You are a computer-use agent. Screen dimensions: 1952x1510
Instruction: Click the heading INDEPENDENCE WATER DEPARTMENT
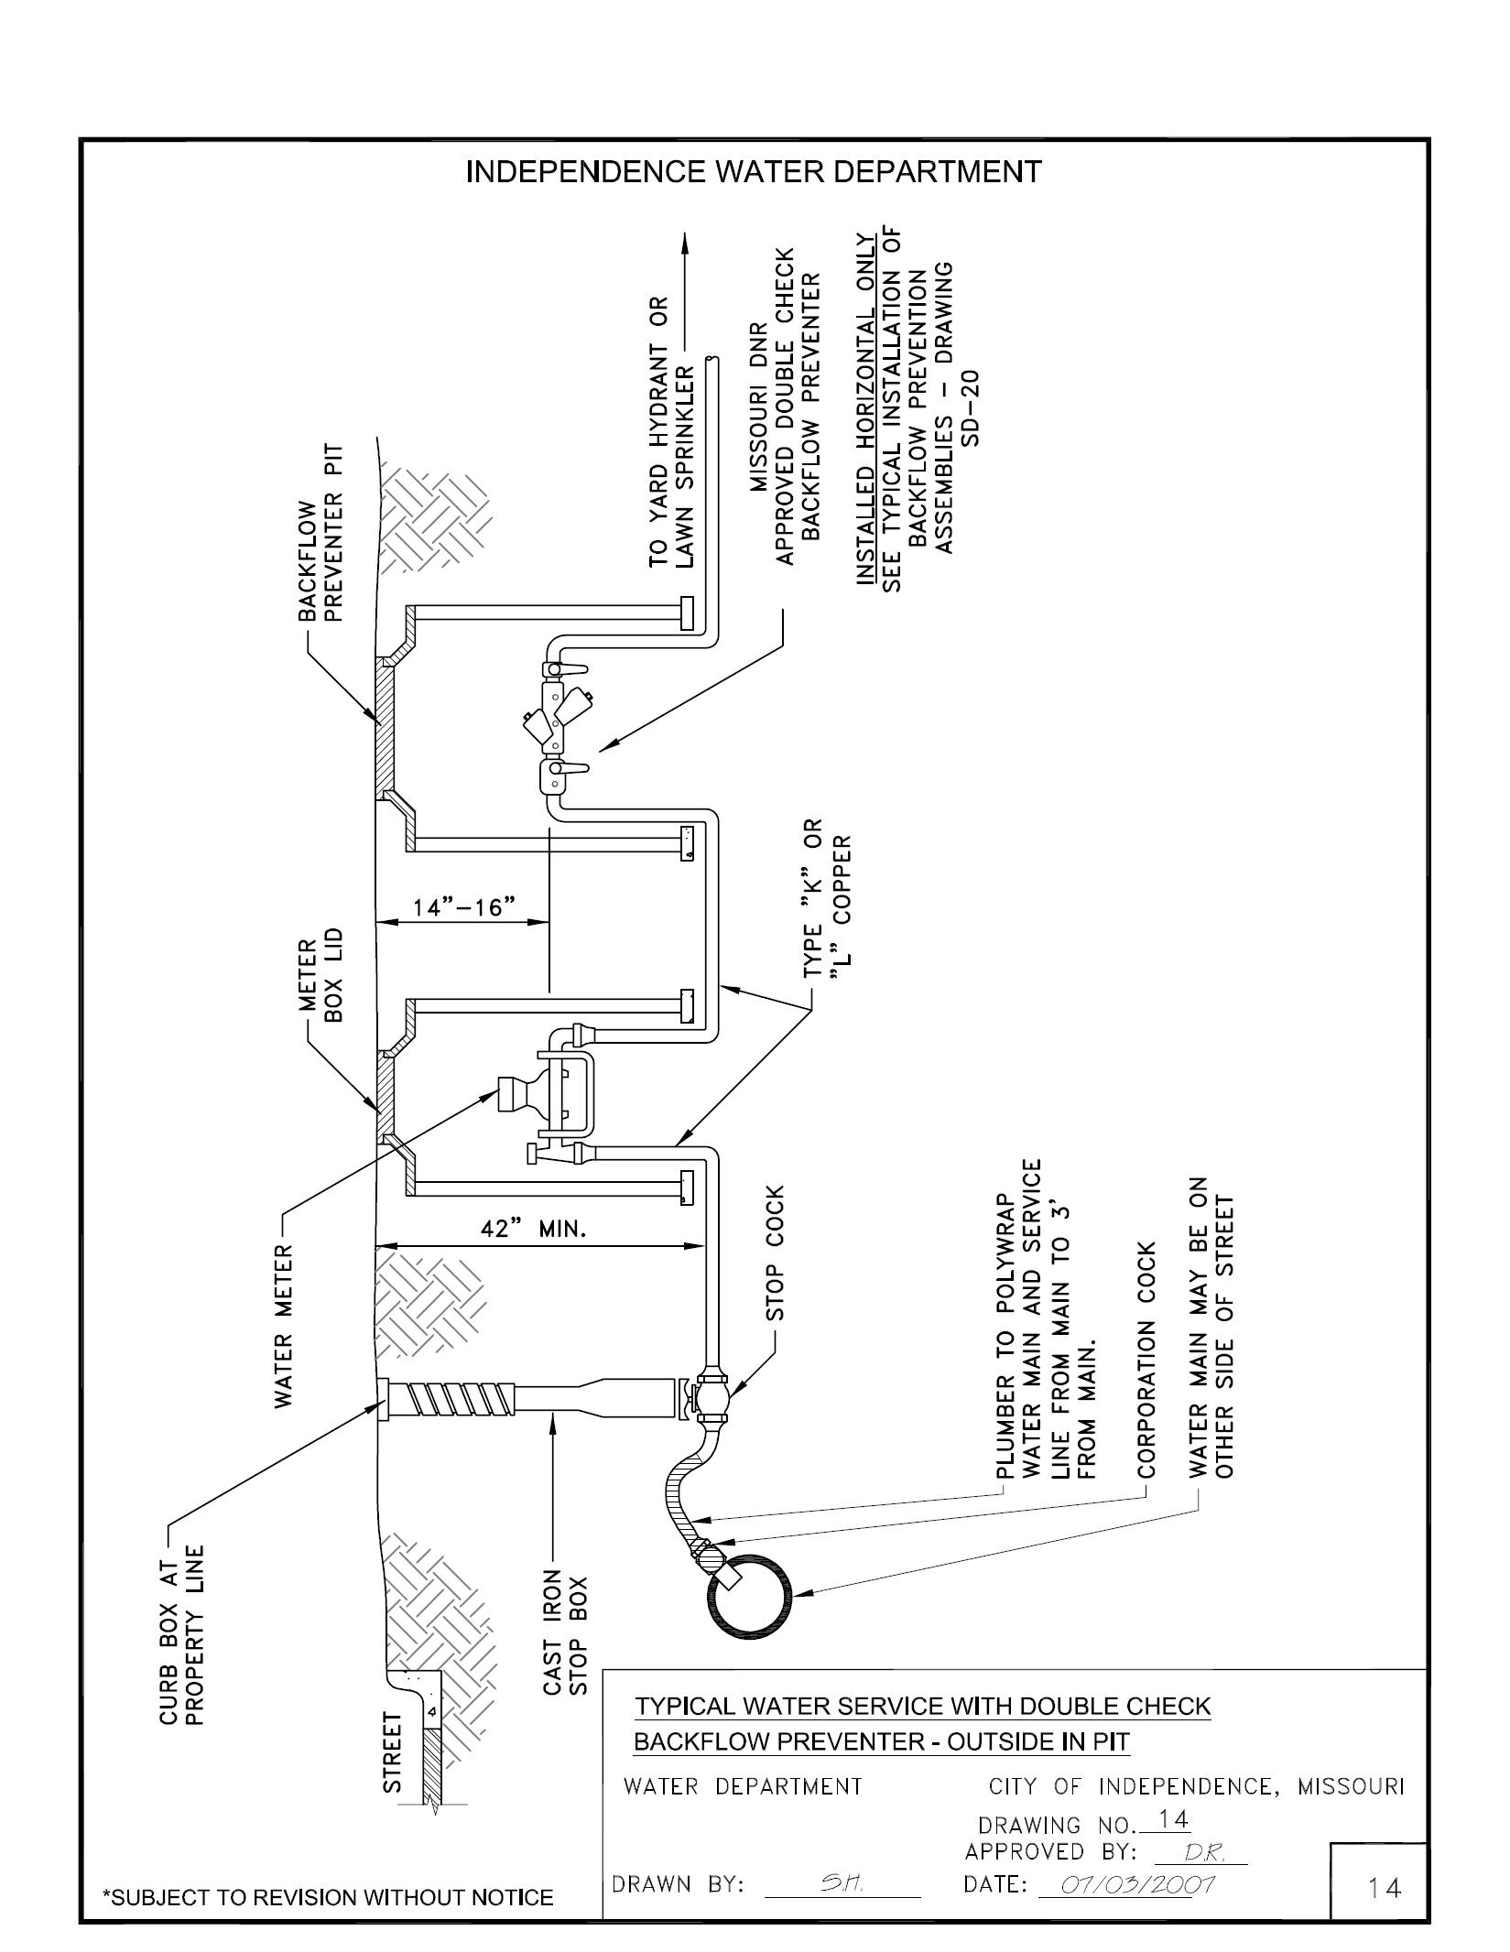pyautogui.click(x=753, y=172)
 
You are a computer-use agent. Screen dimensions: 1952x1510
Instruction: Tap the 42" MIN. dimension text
pyautogui.click(x=533, y=1229)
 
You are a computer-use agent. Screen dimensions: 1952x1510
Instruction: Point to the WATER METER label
pyautogui.click(x=285, y=1325)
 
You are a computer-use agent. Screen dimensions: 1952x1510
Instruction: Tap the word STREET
pyautogui.click(x=392, y=1752)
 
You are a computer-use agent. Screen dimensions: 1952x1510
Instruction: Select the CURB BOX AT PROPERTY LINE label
pyautogui.click(x=182, y=1636)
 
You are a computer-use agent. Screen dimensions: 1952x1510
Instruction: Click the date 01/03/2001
pyautogui.click(x=1135, y=1883)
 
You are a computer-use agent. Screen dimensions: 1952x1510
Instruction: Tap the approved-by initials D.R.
pyautogui.click(x=1200, y=1852)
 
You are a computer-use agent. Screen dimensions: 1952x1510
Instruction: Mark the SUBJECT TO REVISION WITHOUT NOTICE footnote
pyautogui.click(x=328, y=1897)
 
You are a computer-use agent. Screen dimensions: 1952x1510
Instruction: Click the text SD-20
pyautogui.click(x=971, y=407)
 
